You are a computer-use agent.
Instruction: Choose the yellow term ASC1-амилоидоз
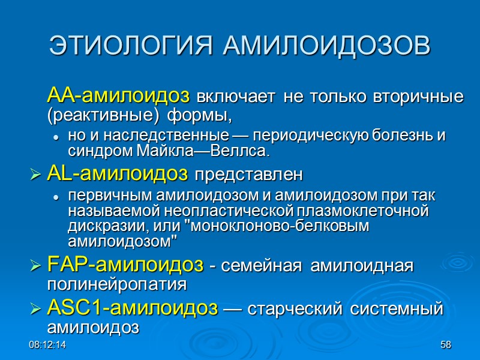coord(132,308)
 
